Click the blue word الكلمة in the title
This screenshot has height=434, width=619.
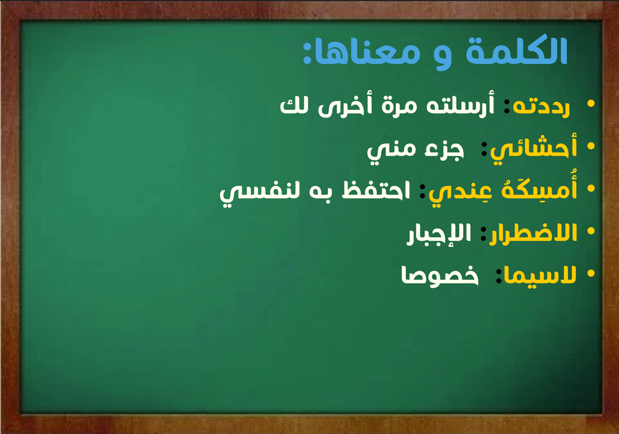point(516,50)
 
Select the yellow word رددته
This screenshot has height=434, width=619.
point(541,106)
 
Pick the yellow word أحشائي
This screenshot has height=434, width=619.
point(533,149)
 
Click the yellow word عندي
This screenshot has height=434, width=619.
point(460,193)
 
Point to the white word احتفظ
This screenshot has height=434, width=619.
point(376,190)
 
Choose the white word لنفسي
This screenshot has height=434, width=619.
point(260,194)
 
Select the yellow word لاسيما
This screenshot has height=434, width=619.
point(540,276)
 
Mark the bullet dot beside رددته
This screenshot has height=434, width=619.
point(591,103)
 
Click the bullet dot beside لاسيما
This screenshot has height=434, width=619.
point(591,273)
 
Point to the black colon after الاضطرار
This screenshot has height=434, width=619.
point(484,233)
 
